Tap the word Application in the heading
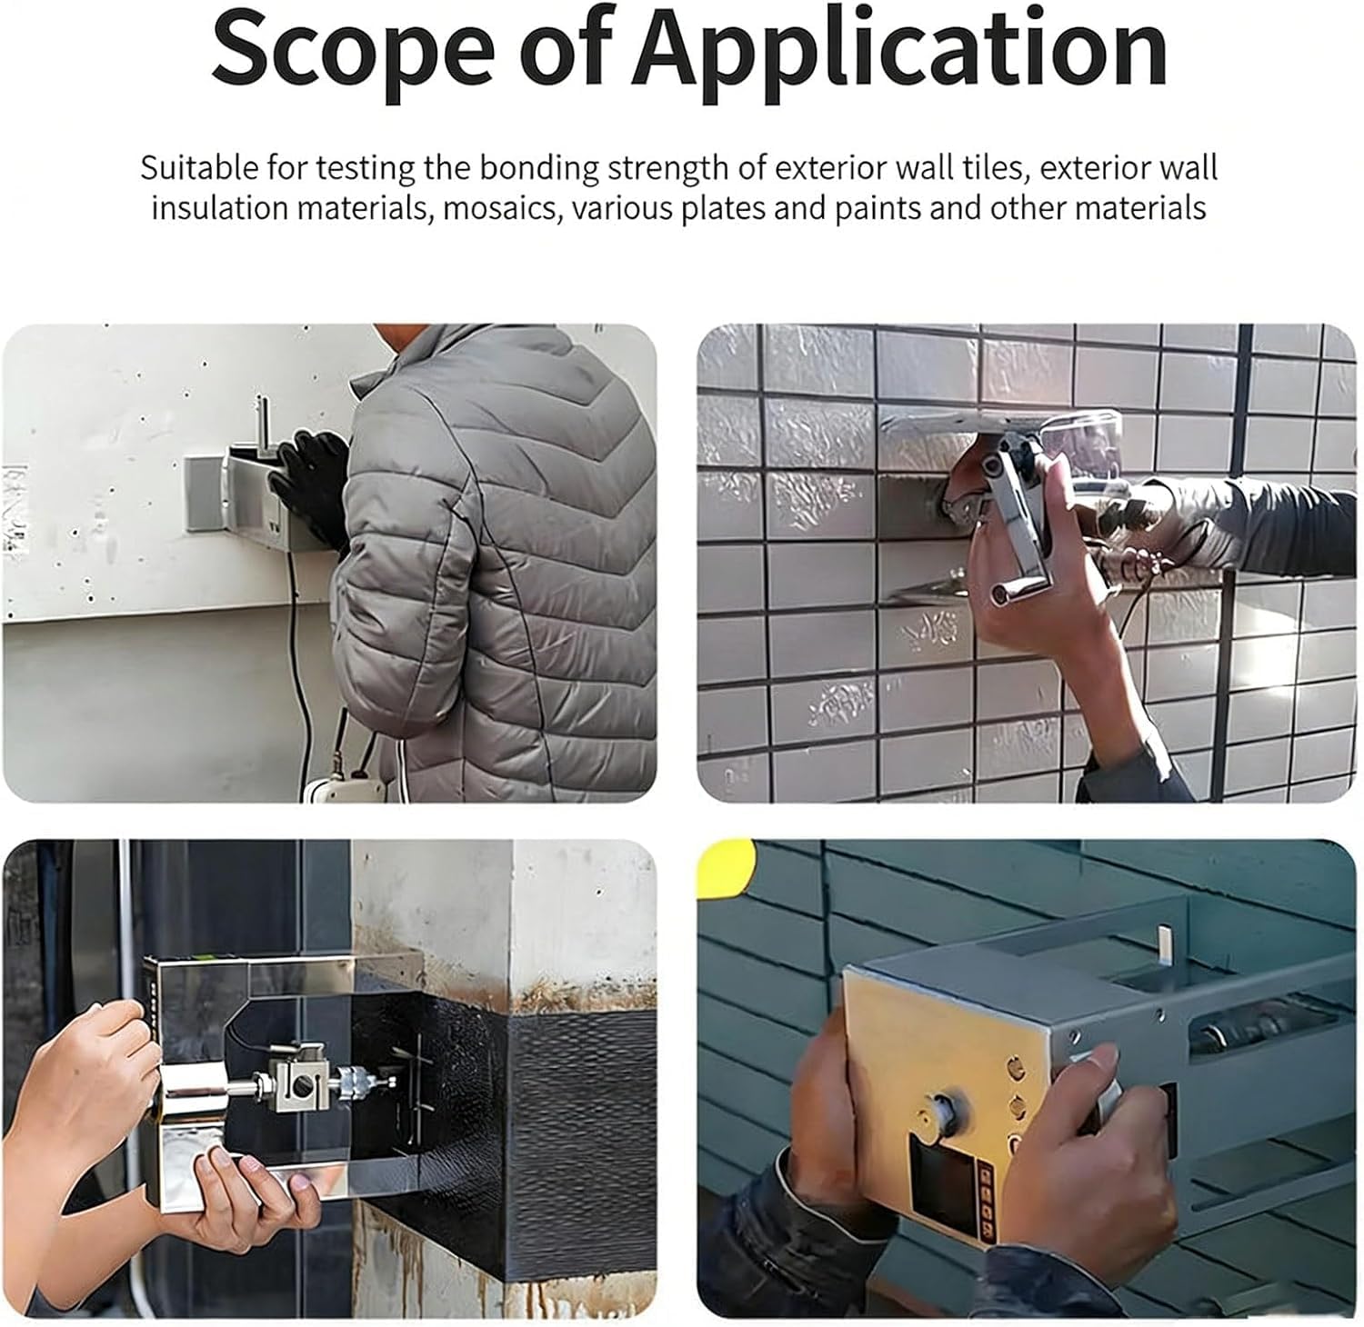click(899, 54)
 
